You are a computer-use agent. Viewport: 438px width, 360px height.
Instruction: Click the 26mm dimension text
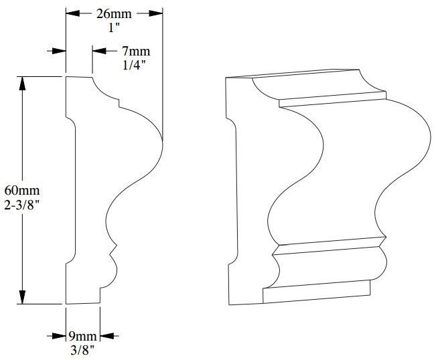tap(115, 13)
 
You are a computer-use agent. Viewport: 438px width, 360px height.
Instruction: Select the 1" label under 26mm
tap(115, 27)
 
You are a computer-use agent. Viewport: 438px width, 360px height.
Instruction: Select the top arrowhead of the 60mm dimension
tap(23, 83)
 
